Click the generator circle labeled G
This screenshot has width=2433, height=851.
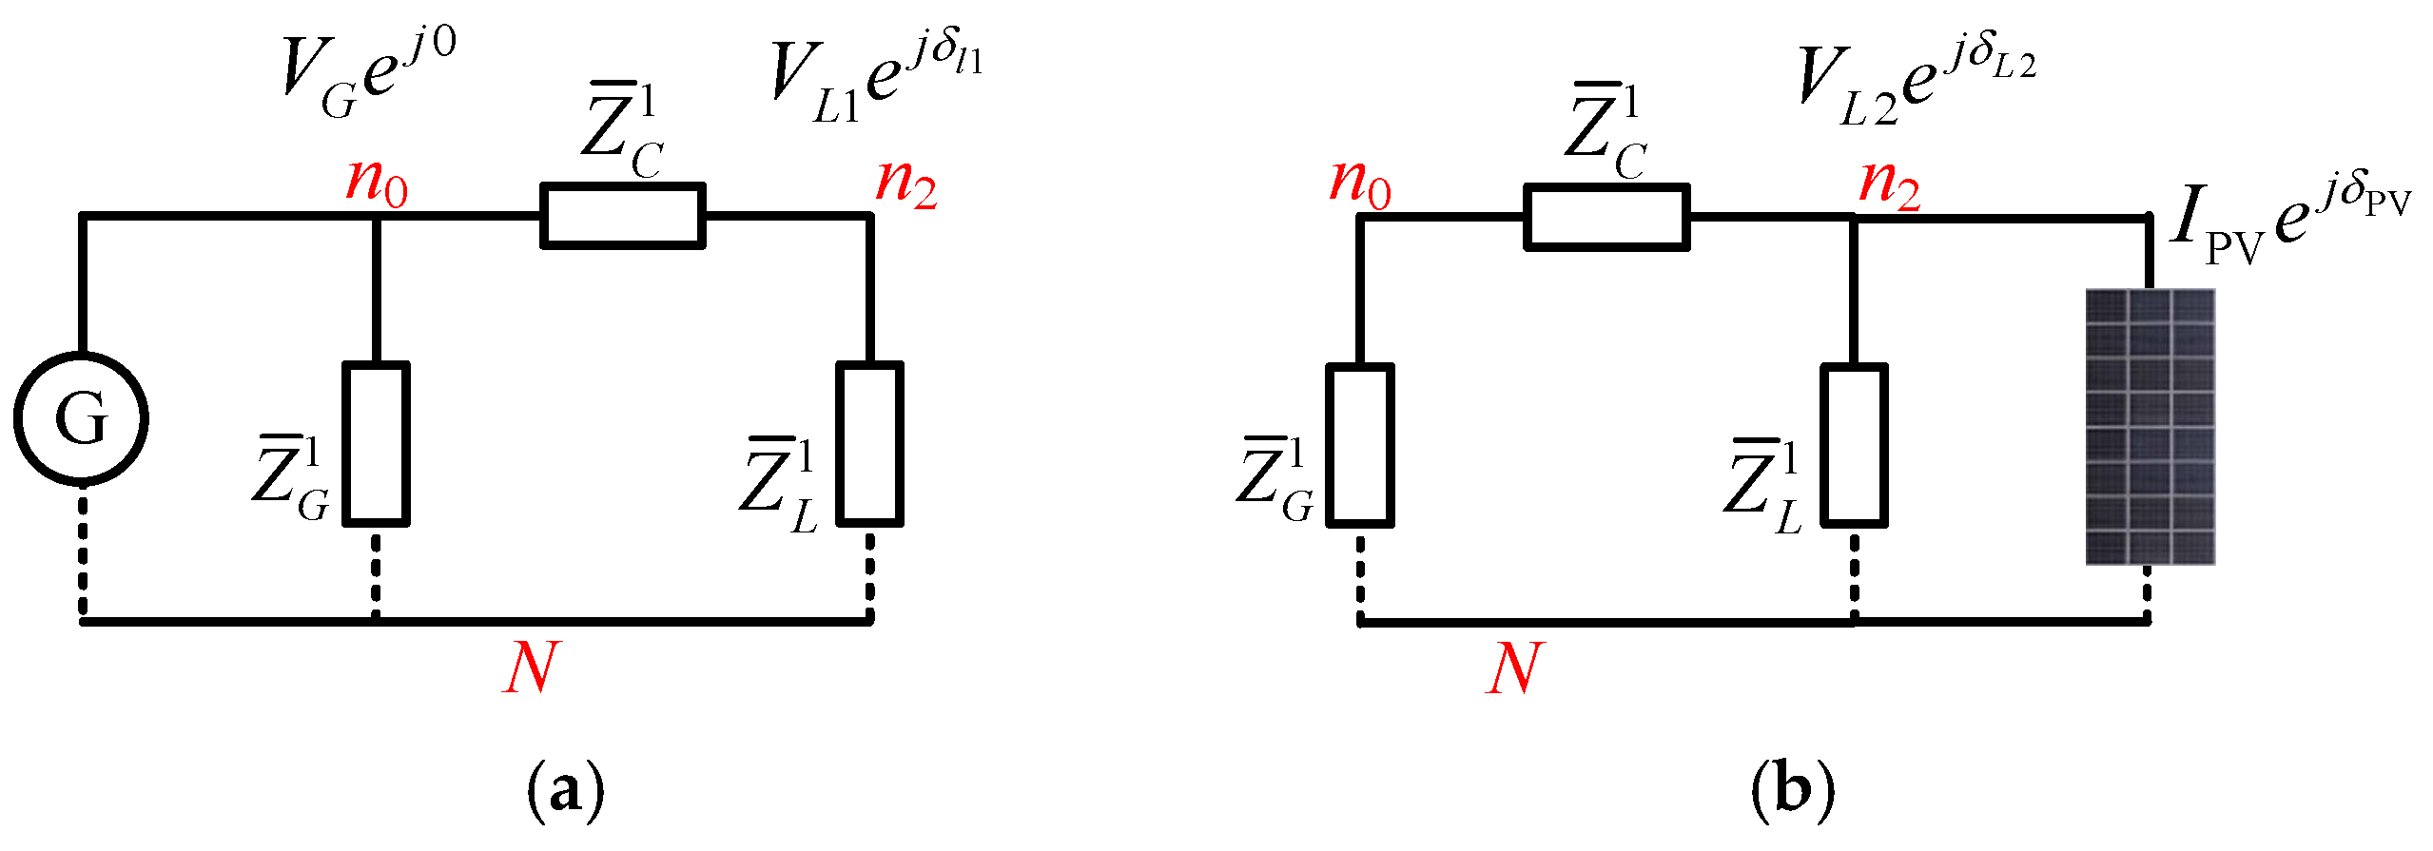(x=81, y=418)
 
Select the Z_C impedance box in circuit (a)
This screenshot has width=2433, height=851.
(x=623, y=216)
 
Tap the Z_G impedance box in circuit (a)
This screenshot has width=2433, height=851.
(x=376, y=443)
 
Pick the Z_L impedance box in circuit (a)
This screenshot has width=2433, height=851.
(x=869, y=443)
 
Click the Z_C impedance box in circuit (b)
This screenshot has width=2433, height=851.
(x=1606, y=218)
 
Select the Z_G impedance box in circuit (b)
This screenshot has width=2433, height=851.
(x=1360, y=445)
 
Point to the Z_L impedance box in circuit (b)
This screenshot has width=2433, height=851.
(x=1854, y=445)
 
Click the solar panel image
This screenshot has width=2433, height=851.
(x=2150, y=427)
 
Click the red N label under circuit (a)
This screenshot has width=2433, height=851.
(x=531, y=668)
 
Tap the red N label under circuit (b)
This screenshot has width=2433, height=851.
(x=1514, y=668)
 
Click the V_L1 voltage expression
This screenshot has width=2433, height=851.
(x=875, y=81)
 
